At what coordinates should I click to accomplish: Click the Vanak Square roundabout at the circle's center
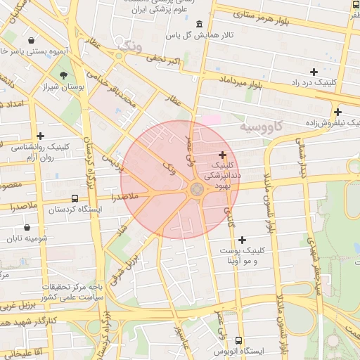click(x=196, y=189)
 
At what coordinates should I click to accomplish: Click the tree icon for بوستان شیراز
click(x=63, y=76)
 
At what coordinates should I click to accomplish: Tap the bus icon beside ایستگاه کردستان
click(x=75, y=198)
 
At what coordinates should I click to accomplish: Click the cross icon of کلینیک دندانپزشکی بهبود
click(x=223, y=155)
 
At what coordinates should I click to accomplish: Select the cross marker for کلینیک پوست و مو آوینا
click(x=243, y=240)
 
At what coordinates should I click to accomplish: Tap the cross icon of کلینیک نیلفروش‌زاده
click(x=337, y=112)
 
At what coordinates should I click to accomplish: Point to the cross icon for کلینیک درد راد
click(x=314, y=72)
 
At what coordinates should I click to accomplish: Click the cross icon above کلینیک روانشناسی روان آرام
click(x=40, y=136)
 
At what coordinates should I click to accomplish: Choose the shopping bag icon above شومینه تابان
click(x=27, y=227)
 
